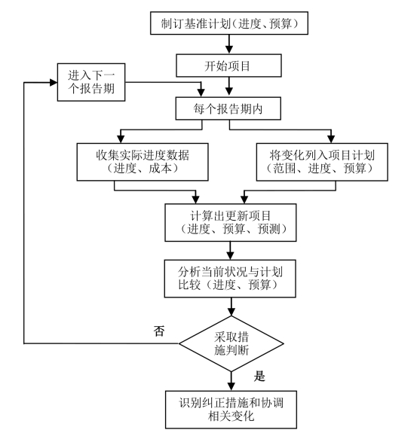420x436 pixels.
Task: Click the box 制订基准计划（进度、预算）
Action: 229,23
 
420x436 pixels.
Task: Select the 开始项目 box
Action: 228,66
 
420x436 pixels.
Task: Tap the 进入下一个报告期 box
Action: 91,82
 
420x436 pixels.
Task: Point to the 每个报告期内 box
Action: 228,108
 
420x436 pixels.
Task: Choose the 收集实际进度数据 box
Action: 143,162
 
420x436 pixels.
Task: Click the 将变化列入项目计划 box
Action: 322,162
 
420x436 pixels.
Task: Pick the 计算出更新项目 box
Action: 231,222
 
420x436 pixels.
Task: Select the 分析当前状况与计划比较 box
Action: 230,279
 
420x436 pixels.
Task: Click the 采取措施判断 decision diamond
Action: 231,343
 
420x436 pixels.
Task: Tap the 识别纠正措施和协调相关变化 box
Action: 231,410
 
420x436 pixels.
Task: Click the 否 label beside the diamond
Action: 159,331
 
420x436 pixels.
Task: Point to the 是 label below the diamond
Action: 259,376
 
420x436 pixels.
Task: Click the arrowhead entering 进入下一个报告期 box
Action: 54,82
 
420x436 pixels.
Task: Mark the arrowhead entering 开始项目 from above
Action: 229,50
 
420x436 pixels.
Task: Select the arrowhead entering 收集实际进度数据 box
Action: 121,139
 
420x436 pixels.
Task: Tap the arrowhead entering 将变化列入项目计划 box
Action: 331,139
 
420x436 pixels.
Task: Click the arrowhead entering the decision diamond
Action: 231,312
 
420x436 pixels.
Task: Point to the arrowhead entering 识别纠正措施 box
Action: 231,387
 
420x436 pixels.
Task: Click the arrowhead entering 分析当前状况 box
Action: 230,256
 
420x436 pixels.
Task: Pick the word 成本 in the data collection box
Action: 160,169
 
